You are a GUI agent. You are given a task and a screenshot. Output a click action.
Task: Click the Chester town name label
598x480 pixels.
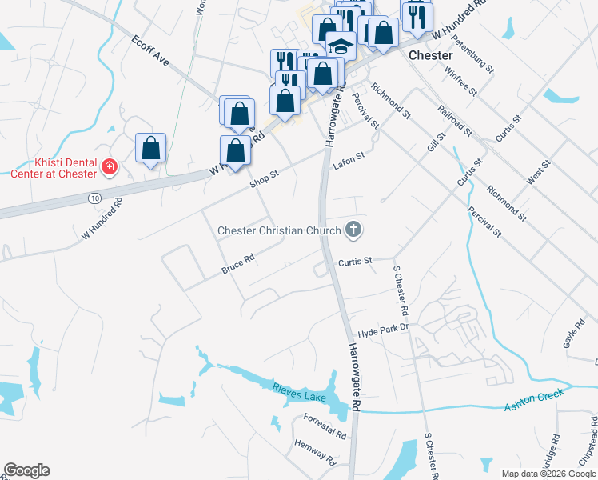click(x=431, y=56)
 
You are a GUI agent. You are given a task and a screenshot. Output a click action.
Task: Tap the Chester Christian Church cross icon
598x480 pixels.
click(x=353, y=231)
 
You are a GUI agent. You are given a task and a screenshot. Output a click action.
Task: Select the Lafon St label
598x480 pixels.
click(x=349, y=161)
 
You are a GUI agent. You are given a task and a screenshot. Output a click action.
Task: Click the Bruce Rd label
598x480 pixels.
click(x=238, y=265)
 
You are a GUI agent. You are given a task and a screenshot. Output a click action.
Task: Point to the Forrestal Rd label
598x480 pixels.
click(x=325, y=426)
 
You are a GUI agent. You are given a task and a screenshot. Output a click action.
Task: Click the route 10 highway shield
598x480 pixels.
click(x=94, y=197)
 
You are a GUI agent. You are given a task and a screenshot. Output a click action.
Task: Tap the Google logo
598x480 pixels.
click(x=26, y=470)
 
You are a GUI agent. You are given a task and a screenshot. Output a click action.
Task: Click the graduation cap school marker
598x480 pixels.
click(x=341, y=46)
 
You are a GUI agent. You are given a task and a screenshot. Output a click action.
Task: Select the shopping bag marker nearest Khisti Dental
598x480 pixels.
click(x=150, y=148)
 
